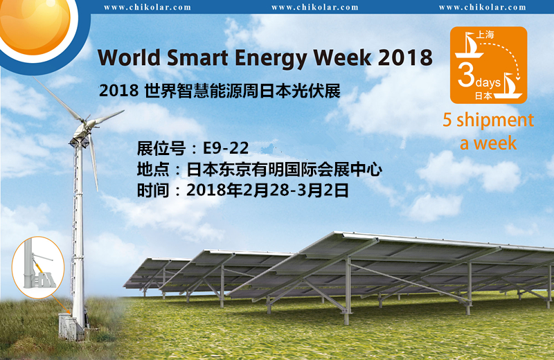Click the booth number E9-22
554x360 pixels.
pos(224,148)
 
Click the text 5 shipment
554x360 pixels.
pos(488,120)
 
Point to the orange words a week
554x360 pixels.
pos(489,143)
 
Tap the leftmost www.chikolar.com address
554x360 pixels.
pos(148,8)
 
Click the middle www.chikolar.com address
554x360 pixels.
pos(315,8)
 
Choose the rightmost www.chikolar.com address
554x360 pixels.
pos(483,8)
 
